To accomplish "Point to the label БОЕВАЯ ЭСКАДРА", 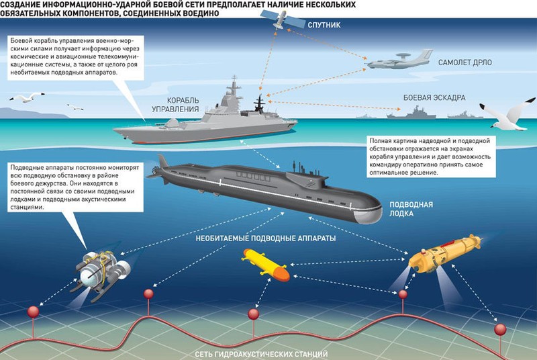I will tap(434, 97).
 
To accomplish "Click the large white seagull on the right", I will tap(512, 115).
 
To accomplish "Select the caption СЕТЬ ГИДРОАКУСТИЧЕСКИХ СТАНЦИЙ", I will tap(262, 353).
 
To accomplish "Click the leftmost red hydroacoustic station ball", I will tap(31, 312).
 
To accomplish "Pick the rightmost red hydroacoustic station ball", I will tap(499, 330).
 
